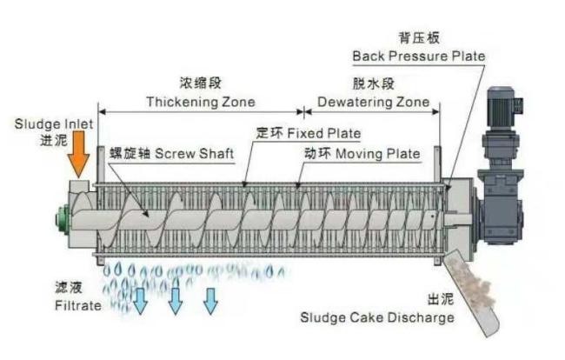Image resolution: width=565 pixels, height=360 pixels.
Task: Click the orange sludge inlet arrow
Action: [79, 154]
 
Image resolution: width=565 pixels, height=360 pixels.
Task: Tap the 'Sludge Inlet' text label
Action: [54, 124]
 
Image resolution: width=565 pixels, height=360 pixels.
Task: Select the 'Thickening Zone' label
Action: [201, 102]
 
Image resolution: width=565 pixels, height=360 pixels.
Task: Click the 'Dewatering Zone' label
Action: [373, 102]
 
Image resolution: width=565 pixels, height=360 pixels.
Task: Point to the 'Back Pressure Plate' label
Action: [419, 57]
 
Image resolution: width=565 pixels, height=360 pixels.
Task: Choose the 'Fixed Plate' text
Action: [324, 134]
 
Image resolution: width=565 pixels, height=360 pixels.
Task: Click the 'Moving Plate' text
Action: [377, 154]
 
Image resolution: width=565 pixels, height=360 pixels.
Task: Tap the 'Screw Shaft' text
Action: [194, 154]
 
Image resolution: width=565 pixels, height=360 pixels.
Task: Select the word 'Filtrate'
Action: [78, 305]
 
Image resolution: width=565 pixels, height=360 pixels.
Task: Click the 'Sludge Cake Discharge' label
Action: [377, 318]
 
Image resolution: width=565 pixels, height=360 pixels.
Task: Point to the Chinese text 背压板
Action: [419, 38]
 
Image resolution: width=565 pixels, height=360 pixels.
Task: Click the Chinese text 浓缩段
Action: [200, 83]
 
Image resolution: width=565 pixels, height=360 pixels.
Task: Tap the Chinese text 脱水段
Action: [373, 83]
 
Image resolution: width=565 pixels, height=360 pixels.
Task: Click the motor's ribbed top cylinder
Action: [501, 107]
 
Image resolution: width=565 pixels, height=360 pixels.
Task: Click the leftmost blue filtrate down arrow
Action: [140, 301]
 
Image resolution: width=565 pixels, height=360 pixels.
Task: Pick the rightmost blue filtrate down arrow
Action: [210, 301]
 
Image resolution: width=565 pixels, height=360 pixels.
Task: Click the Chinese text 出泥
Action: [441, 299]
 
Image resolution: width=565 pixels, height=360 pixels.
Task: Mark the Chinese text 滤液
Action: [69, 288]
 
